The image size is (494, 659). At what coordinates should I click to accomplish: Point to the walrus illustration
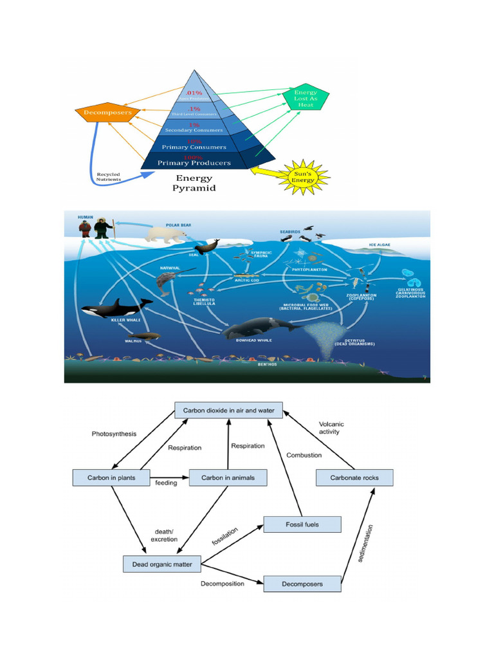pos(143,335)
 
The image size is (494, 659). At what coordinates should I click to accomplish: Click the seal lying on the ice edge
pos(207,247)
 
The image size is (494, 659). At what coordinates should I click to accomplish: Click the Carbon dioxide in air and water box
pos(228,410)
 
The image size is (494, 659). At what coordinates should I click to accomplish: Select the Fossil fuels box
pos(302,524)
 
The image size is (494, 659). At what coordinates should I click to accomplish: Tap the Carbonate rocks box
pos(354,478)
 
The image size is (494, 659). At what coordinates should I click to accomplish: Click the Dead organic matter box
pos(161,564)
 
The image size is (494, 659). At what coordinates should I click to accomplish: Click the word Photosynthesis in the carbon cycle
pos(114,434)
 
